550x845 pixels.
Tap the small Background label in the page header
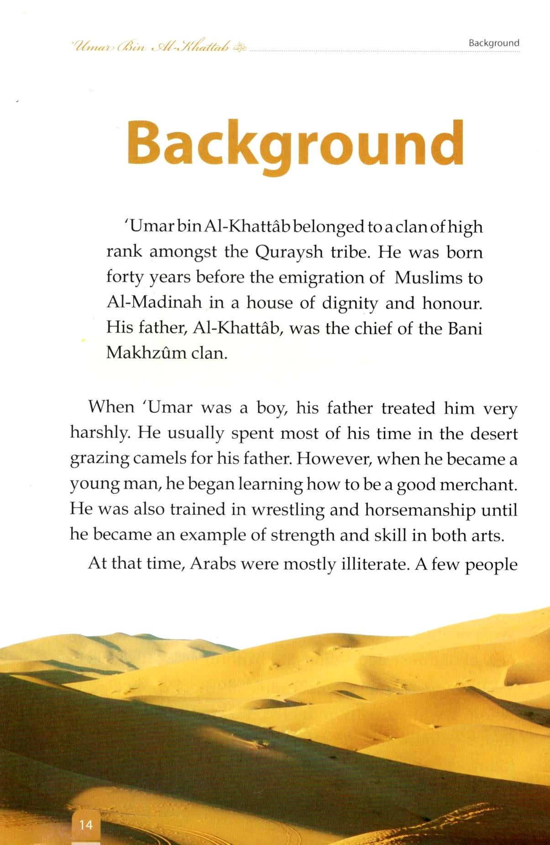pyautogui.click(x=494, y=43)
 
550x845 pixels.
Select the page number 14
pyautogui.click(x=86, y=824)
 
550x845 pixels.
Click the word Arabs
pyautogui.click(x=213, y=564)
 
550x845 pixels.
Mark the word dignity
pyautogui.click(x=350, y=303)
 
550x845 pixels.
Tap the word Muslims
pyautogui.click(x=426, y=278)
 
